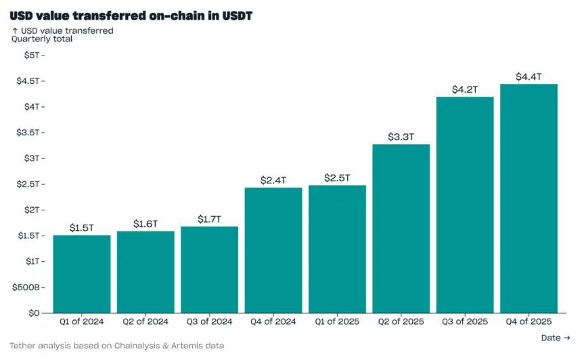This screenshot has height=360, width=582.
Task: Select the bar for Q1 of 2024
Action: tap(81, 274)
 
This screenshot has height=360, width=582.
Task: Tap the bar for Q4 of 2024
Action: tap(273, 250)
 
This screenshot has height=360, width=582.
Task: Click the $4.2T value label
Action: tap(465, 89)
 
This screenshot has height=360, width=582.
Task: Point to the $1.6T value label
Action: tap(145, 223)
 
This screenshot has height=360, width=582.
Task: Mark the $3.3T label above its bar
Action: tap(401, 137)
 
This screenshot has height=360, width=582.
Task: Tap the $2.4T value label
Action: tap(273, 180)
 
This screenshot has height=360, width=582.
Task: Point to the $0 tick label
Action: tap(33, 313)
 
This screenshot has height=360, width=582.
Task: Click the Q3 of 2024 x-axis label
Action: tap(209, 322)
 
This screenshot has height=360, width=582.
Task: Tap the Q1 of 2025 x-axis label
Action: tap(337, 322)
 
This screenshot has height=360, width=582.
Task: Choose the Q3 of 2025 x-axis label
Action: tap(465, 322)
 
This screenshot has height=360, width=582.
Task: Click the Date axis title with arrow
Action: tap(555, 338)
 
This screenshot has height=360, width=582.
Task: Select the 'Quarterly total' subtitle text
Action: tap(42, 39)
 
